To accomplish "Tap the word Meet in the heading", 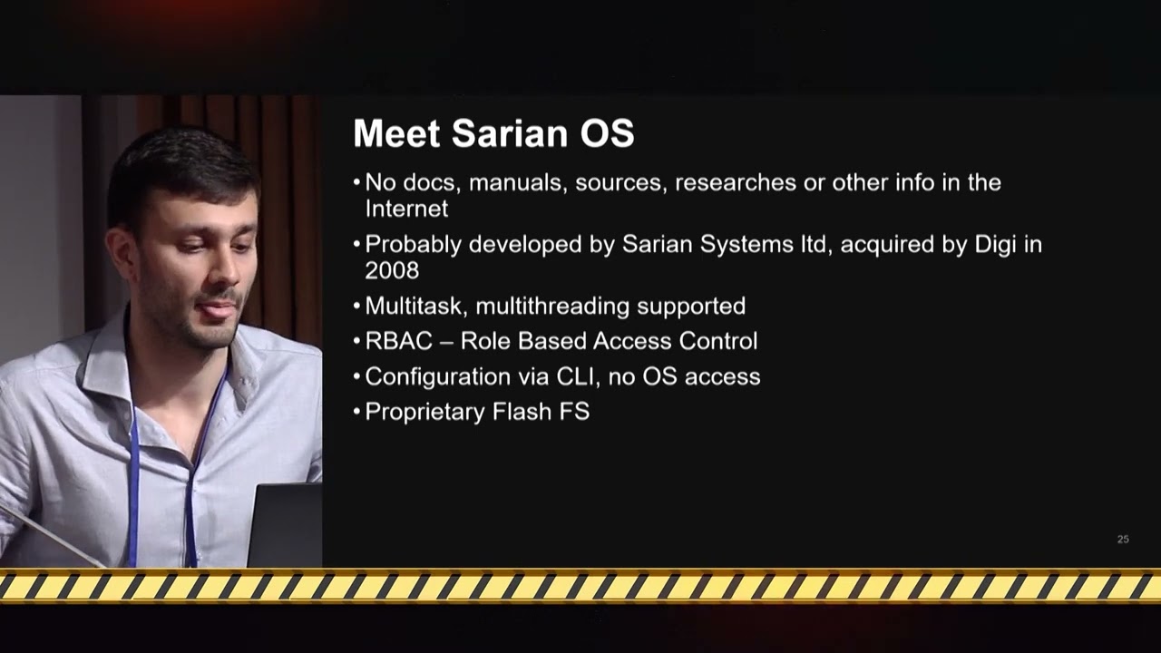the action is [396, 133].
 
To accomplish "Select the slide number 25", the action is [1123, 539].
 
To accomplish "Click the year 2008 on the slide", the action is [392, 270].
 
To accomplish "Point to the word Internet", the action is [406, 209].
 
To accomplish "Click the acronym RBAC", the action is [398, 341].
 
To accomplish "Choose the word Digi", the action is [995, 245].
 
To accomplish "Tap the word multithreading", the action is [552, 307].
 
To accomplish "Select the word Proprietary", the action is [424, 413].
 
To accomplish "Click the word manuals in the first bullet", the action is [515, 183].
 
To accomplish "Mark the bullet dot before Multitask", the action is [356, 307].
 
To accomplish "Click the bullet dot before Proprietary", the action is [356, 412].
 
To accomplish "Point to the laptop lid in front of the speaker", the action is [285, 524].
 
